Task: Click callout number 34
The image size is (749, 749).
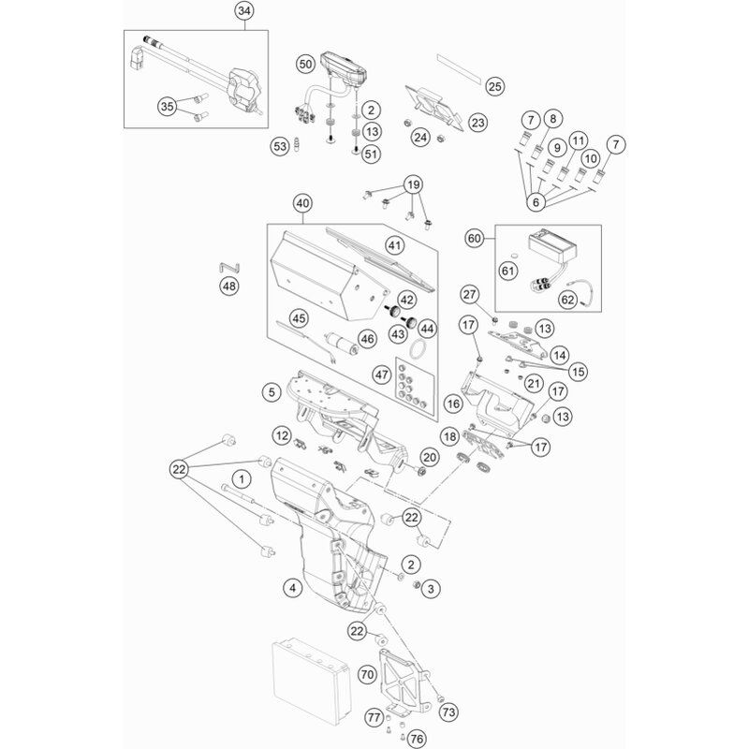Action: [244, 11]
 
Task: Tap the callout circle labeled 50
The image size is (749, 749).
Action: [304, 65]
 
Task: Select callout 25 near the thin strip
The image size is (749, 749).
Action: [495, 87]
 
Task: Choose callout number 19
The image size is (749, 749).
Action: [413, 184]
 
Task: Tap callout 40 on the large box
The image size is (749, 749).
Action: [301, 202]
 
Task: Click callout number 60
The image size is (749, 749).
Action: [475, 239]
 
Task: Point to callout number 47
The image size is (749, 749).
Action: [380, 374]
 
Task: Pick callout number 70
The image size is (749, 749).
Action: [366, 673]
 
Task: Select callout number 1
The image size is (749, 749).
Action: [242, 479]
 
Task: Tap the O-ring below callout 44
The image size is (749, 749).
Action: [422, 351]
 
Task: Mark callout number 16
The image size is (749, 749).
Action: [454, 404]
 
